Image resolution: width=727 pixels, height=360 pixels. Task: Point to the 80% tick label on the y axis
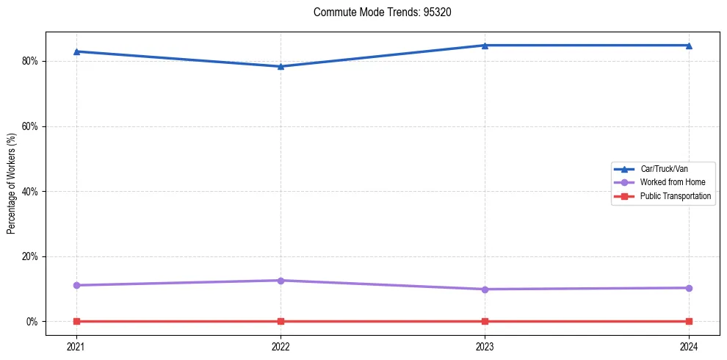29,61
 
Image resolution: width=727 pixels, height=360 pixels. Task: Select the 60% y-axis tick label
29,126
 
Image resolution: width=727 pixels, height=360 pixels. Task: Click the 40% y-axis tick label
29,192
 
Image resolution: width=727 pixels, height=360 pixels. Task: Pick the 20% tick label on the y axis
29,256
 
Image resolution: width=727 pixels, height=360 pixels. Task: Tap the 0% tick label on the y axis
32,322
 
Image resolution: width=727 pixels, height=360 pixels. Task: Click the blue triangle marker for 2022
281,66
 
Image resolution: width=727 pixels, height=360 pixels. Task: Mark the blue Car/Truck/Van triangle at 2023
485,46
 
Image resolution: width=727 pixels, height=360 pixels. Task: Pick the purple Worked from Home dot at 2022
281,281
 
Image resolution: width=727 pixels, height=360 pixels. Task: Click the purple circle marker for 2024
689,288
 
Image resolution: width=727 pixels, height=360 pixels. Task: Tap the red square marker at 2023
485,321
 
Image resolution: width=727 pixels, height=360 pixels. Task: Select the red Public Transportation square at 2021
76,321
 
